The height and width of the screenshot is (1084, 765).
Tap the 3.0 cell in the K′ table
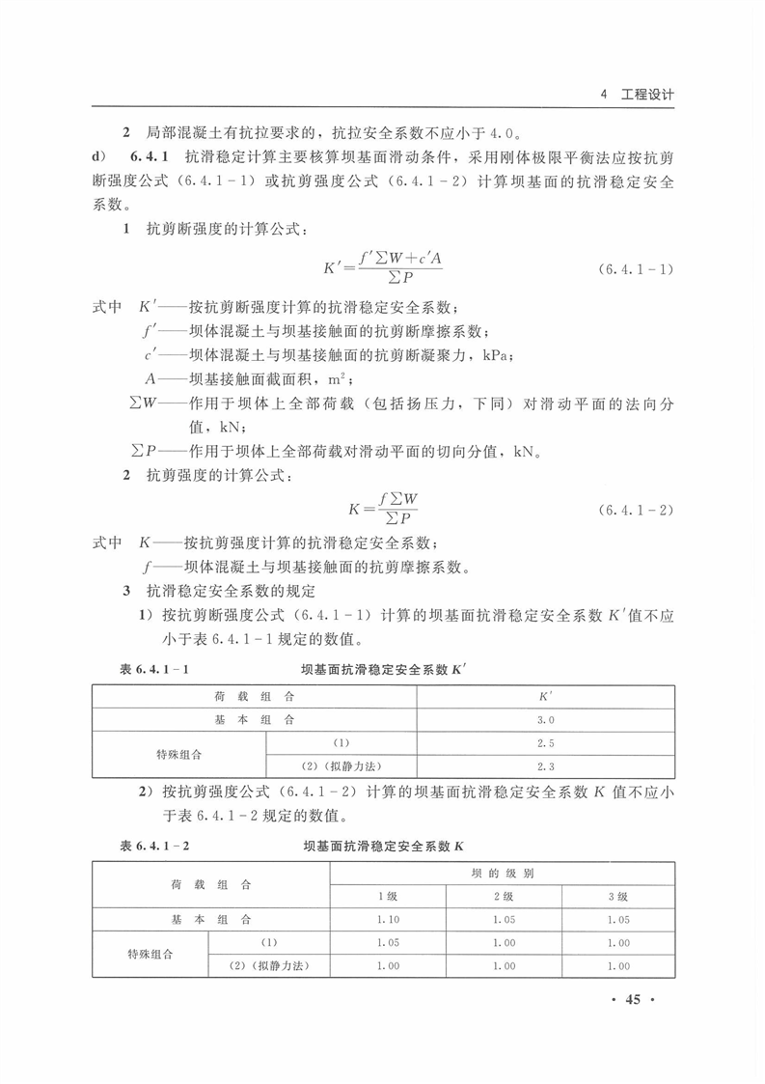point(546,720)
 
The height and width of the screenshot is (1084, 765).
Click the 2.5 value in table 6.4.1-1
point(546,743)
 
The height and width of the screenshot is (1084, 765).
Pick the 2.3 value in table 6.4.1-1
point(546,767)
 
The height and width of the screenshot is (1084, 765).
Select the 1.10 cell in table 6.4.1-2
point(387,920)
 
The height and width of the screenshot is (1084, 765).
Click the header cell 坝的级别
point(503,873)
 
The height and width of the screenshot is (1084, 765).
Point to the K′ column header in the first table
point(546,696)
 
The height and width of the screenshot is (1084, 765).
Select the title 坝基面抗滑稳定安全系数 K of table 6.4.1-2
point(384,846)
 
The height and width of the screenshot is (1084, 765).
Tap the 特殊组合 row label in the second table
point(150,954)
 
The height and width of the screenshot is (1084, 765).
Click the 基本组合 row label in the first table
point(255,720)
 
